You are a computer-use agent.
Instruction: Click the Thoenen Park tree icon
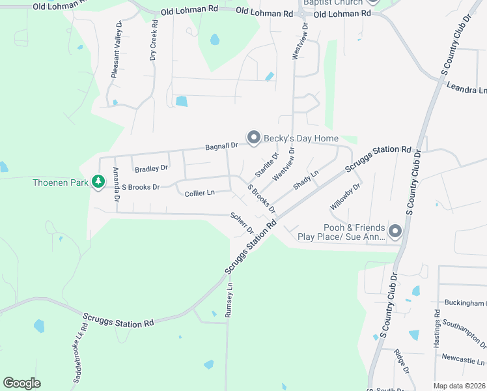[98, 182]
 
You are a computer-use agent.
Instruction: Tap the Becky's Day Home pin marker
[253, 138]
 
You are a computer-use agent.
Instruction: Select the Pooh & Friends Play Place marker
[395, 231]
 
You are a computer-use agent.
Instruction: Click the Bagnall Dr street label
[222, 147]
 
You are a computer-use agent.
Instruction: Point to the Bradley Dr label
[151, 169]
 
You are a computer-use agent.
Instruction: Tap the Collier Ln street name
[199, 194]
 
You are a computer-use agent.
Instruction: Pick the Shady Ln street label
[305, 180]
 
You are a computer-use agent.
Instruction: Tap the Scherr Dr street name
[242, 224]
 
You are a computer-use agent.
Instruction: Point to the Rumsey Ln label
[229, 300]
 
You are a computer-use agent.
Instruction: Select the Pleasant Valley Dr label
[117, 50]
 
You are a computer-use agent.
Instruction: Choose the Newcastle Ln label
[463, 360]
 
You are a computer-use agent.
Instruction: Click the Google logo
[21, 383]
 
